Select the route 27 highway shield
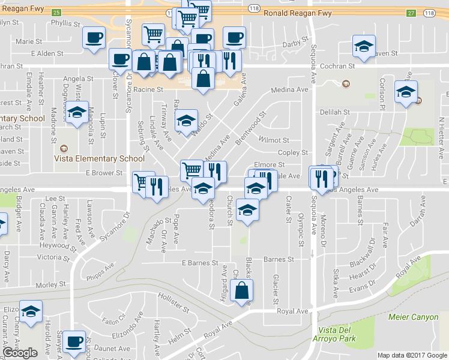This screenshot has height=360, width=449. click(411, 13)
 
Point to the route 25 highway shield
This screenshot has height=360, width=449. click(56, 13)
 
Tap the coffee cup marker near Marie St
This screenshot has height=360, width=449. click(94, 38)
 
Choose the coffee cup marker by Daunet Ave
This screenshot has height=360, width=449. click(74, 341)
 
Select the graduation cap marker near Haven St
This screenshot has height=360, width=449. click(363, 46)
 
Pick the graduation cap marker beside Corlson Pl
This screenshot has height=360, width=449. click(406, 92)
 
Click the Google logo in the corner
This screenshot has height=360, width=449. click(20, 353)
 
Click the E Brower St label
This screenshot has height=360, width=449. click(104, 173)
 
